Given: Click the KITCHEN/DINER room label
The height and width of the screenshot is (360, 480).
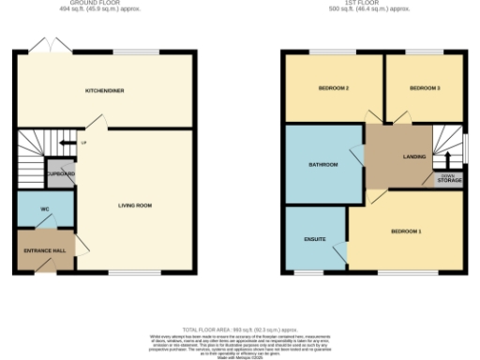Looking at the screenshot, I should click(x=105, y=91).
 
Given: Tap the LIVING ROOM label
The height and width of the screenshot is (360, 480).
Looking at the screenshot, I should click(x=135, y=204).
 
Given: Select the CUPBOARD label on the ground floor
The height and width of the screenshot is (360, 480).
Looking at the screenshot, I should click(x=61, y=174).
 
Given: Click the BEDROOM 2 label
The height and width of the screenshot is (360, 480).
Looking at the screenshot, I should click(x=334, y=88).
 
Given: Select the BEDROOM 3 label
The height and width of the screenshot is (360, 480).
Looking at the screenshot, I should click(x=425, y=88).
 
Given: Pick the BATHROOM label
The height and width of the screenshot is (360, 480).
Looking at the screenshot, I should click(x=322, y=165).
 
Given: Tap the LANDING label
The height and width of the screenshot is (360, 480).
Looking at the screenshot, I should click(x=414, y=157).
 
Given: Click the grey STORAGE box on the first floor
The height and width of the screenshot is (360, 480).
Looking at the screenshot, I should click(x=448, y=177).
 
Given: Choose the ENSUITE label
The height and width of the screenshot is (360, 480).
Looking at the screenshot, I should click(x=315, y=239).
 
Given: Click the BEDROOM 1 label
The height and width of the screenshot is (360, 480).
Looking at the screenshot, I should click(x=406, y=231).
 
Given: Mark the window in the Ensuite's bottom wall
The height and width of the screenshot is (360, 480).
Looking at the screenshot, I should click(x=316, y=273).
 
